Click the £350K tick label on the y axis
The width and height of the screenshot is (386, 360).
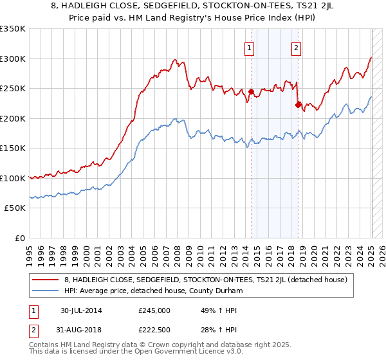coord(12,29)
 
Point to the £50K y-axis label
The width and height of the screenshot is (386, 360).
coord(14,208)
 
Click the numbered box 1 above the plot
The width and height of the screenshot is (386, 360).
coord(249,46)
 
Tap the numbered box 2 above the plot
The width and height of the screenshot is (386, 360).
coord(296,46)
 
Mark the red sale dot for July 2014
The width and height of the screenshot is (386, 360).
coord(251,91)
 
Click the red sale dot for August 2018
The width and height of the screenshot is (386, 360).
coord(298,105)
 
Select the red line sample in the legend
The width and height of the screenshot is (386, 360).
coord(46,280)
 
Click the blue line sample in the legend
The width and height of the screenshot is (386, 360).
coord(46,291)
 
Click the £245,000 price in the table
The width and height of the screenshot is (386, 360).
coord(154,310)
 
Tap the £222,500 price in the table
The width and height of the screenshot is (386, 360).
coord(154,330)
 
